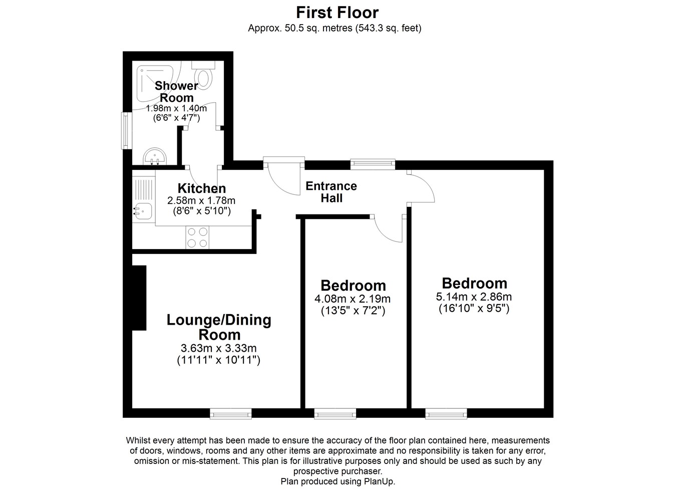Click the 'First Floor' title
tap(337, 13)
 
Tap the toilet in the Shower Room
tap(203, 76)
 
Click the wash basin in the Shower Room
tap(155, 157)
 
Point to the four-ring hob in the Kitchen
tap(197, 237)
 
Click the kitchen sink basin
tap(143, 210)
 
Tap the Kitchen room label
tap(202, 188)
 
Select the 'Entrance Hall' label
tap(331, 192)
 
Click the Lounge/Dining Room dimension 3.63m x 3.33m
tap(218, 348)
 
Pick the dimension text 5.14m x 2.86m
tap(474, 297)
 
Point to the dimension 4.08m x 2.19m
tap(353, 299)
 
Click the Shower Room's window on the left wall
tap(127, 130)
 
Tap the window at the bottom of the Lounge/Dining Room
tap(231, 413)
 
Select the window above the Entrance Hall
tap(373, 164)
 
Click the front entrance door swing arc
tap(284, 180)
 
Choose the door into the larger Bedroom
tap(422, 187)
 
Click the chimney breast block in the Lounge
tap(139, 298)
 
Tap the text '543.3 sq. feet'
tap(388, 29)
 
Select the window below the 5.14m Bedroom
tap(446, 413)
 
